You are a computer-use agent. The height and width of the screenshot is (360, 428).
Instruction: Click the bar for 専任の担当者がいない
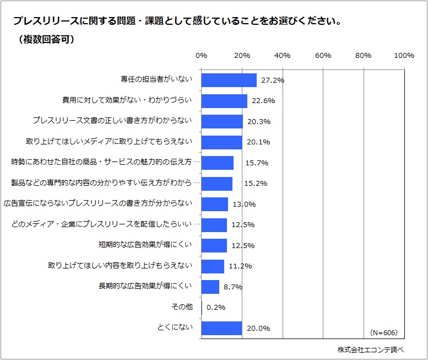229,80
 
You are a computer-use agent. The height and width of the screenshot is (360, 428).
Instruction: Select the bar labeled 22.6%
224,101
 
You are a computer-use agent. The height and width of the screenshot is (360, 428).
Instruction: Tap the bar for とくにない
221,329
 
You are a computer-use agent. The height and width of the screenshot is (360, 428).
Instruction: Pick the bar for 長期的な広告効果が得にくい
210,287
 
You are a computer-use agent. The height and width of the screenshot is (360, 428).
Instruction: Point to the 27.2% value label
272,80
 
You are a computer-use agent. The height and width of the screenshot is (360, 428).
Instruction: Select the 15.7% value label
248,163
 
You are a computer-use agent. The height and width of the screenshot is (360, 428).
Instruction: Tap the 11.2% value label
240,266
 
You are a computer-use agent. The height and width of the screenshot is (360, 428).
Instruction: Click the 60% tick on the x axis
323,56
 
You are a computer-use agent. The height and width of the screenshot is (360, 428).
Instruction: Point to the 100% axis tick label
404,56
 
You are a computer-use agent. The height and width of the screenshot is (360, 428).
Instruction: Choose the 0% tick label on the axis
202,56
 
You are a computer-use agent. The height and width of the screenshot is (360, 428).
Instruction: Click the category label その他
182,307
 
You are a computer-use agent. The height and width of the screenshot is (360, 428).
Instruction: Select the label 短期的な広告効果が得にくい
145,245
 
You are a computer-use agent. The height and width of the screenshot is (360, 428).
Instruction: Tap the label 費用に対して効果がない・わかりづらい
127,100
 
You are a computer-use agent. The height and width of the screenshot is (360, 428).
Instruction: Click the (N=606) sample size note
383,333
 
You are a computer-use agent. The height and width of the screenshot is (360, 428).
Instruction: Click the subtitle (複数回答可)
46,40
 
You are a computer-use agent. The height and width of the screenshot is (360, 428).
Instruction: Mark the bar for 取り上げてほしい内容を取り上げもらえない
213,266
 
